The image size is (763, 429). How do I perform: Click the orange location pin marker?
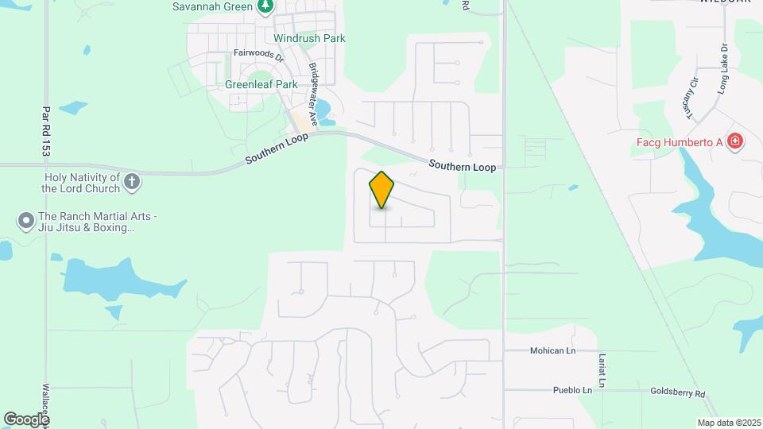tap(382, 189)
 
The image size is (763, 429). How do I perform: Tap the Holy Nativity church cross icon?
tap(133, 183)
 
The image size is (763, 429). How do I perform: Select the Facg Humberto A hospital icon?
tap(736, 142)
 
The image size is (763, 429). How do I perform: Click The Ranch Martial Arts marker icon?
tap(26, 219)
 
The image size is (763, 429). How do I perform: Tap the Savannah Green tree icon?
tap(265, 7)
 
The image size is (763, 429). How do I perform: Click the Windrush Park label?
tap(309, 38)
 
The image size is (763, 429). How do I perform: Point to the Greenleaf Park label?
tap(261, 84)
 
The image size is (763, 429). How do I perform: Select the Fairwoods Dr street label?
tap(258, 54)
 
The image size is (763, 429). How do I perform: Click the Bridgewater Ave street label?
tap(313, 95)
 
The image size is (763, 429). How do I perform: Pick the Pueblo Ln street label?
tap(572, 390)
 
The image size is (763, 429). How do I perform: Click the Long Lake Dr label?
tap(722, 70)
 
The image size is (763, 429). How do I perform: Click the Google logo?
tap(25, 419)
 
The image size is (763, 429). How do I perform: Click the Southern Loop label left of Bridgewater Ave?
tap(275, 149)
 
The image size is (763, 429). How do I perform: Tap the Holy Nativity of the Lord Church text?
tap(80, 183)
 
